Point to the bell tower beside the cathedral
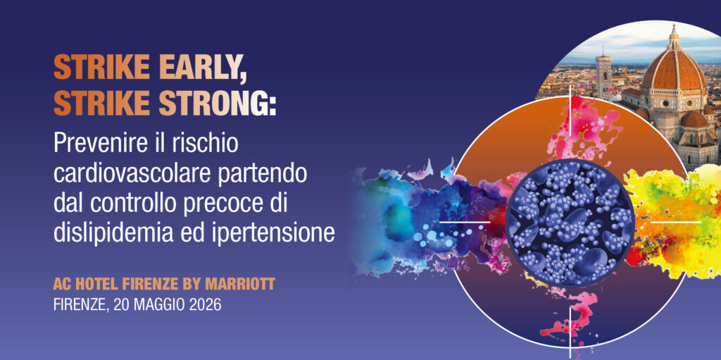(604, 75)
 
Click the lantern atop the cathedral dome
(673, 35)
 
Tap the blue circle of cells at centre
(570, 221)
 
